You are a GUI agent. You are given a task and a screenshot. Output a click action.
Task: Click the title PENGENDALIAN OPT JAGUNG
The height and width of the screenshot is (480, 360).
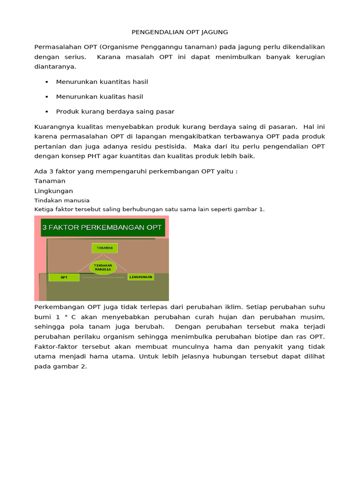pos(179,32)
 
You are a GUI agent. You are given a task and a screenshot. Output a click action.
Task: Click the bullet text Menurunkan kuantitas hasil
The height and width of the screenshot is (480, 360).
pos(102,82)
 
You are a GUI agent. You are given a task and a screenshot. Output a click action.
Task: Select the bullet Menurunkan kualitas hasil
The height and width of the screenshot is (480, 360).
pos(99,97)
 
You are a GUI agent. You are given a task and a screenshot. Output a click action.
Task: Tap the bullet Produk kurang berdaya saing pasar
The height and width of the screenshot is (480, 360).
pos(115,112)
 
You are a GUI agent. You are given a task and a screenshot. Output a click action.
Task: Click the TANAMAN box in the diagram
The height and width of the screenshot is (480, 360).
pos(105,248)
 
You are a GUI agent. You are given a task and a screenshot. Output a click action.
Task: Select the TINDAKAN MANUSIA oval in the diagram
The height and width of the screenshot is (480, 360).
pos(103,267)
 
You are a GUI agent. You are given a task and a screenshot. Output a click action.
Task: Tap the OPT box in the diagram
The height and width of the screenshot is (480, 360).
pos(64,277)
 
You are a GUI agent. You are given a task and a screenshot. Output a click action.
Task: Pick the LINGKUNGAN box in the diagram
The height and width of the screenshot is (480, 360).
pos(141,277)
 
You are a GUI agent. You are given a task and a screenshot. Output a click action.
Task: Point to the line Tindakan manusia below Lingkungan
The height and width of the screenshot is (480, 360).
pos(62,200)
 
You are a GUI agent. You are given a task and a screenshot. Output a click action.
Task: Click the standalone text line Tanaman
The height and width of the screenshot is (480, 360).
pos(50,181)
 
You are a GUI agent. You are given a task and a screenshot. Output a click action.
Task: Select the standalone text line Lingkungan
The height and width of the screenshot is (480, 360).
pos(53,191)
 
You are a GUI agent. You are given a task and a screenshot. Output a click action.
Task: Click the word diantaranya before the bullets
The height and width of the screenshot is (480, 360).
pos(55,67)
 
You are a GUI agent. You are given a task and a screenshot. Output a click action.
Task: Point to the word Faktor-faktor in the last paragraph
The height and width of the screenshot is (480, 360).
pos(56,346)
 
